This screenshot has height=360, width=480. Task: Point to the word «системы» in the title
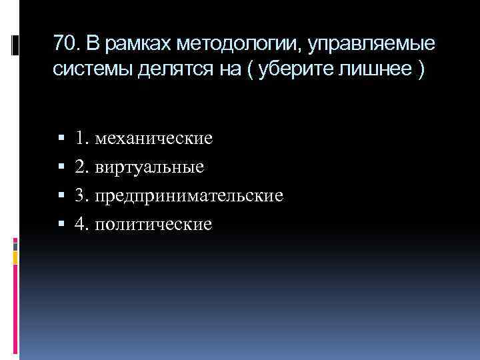click(89, 71)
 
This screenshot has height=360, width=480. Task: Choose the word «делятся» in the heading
click(170, 71)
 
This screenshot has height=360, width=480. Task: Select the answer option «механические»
click(153, 139)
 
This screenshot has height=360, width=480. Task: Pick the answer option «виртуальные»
click(149, 167)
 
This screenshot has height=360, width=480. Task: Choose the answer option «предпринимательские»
click(189, 196)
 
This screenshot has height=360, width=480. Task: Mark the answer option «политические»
click(153, 225)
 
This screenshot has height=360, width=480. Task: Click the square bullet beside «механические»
click(61, 139)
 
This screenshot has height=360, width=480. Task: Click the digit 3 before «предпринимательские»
click(80, 196)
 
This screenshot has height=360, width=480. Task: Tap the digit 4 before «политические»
click(80, 225)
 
